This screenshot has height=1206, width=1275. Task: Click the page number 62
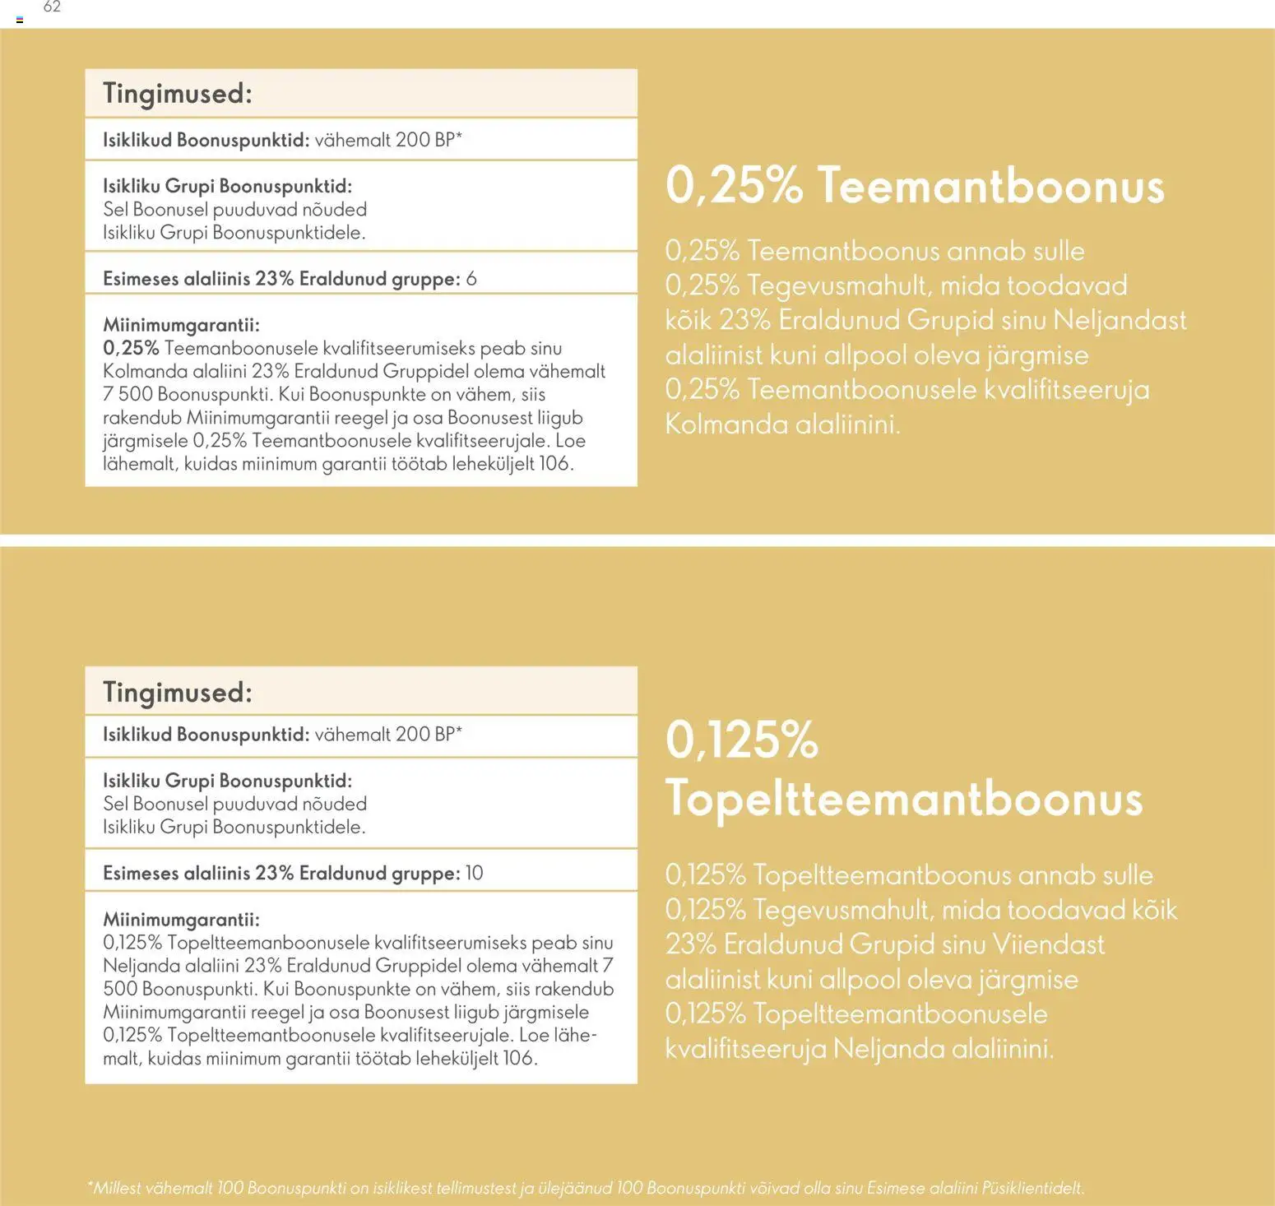[52, 7]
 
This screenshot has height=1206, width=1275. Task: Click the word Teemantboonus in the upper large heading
[990, 186]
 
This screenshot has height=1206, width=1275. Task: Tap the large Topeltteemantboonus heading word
[903, 798]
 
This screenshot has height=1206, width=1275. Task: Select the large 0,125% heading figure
[741, 740]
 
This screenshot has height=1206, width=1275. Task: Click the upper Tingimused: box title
[178, 94]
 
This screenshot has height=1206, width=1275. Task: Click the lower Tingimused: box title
[178, 693]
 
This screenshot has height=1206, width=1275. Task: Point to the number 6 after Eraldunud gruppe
[471, 279]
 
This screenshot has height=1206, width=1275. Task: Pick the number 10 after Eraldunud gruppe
[475, 874]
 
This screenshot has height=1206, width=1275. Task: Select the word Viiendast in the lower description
[1048, 944]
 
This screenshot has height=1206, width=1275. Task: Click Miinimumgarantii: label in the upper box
[181, 326]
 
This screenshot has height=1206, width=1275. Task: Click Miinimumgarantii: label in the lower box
[181, 920]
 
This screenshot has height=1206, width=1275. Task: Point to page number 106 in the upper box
[554, 464]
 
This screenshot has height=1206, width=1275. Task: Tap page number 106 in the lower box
[517, 1059]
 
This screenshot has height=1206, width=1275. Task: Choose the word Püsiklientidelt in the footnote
[1032, 1189]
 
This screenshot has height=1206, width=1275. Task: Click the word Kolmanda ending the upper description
[718, 424]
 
